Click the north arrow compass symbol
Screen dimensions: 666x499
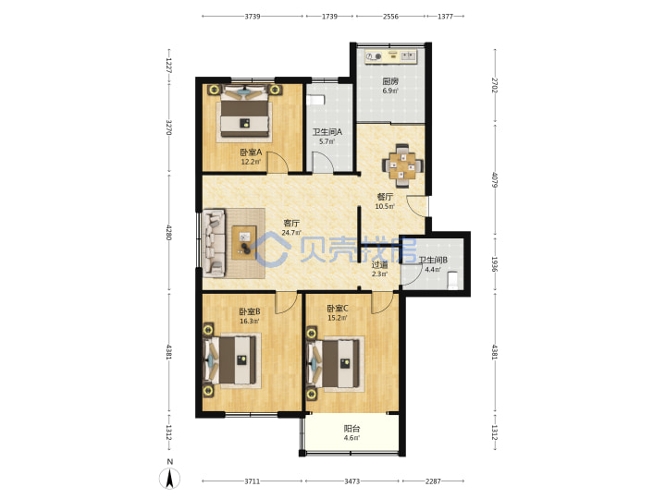tap(169, 479)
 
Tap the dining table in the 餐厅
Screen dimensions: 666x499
tap(402, 165)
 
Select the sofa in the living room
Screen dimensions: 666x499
tap(214, 243)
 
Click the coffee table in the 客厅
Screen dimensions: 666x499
tap(244, 243)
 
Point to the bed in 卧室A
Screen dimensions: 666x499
tap(244, 113)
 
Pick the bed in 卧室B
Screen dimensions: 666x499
tap(231, 360)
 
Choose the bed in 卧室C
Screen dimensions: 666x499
tap(335, 362)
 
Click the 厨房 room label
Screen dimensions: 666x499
tap(390, 81)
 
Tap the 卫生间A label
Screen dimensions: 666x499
tap(327, 132)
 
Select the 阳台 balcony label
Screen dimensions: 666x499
tap(351, 429)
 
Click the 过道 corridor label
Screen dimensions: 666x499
tap(379, 265)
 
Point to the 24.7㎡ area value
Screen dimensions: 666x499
tap(291, 233)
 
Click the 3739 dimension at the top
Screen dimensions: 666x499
tap(253, 17)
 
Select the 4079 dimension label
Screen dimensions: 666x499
tap(494, 179)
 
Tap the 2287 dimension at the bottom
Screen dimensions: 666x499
tap(433, 481)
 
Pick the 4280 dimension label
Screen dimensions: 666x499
tap(168, 232)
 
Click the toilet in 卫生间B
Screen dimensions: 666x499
tap(452, 281)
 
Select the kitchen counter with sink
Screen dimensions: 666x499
tap(390, 56)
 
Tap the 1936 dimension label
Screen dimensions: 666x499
tap(494, 264)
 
